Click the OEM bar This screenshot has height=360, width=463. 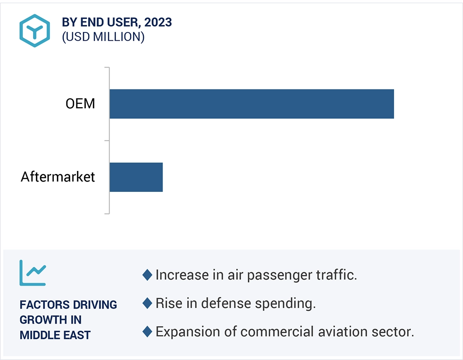tap(252, 104)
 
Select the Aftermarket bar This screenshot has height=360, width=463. tap(136, 177)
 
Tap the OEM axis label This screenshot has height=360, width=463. tap(80, 104)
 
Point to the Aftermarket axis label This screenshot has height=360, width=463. tap(58, 176)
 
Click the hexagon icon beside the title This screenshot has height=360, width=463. tap(35, 30)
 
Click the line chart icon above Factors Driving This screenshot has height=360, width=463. tap(33, 273)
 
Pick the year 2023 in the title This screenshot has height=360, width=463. tap(158, 23)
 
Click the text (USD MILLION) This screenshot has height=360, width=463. tap(103, 37)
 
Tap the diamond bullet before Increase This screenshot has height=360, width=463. tap(147, 275)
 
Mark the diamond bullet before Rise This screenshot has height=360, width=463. tap(147, 303)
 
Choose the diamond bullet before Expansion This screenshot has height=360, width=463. tap(147, 332)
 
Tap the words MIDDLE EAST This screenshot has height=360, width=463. tap(55, 335)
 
